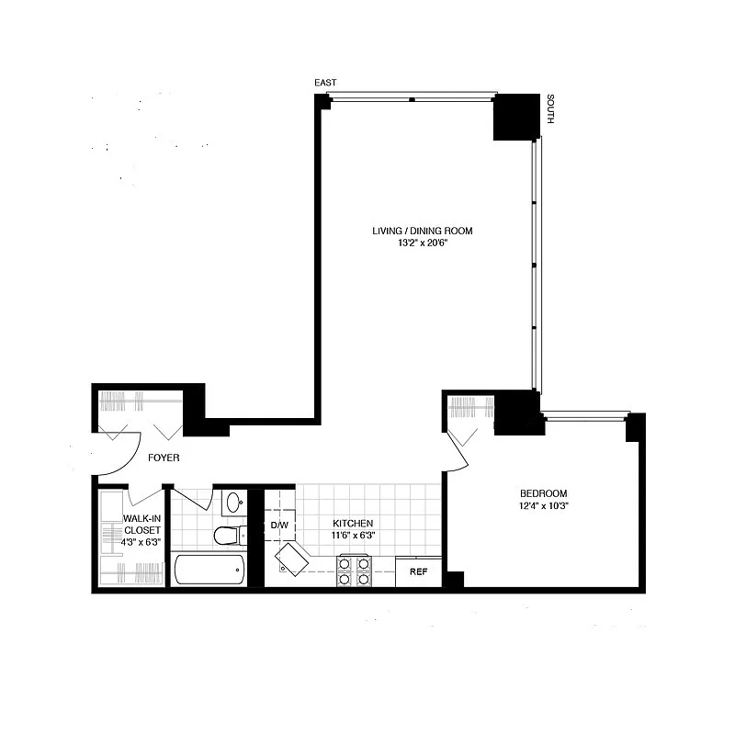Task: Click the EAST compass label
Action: coord(325,84)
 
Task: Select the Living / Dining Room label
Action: coord(422,231)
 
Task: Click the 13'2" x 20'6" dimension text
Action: coord(422,243)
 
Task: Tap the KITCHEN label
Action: coord(352,523)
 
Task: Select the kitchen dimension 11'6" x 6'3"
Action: coord(352,536)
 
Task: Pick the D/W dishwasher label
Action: coord(279,526)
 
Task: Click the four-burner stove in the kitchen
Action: coord(355,571)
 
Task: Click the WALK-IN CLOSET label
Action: coord(142,525)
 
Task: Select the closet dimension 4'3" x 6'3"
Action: coord(142,542)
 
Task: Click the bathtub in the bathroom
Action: coord(209,570)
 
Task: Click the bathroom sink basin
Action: coord(233,503)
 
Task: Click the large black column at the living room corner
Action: coord(516,117)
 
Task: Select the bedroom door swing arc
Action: coord(458,442)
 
